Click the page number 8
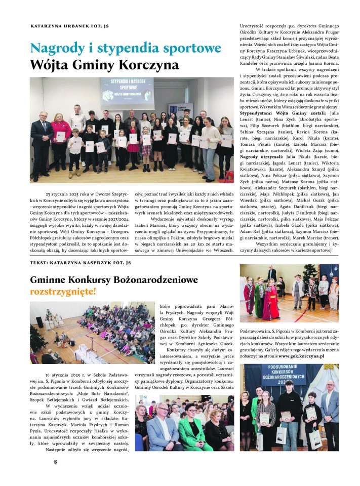pyautogui.click(x=55, y=461)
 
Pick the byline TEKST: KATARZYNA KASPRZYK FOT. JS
pyautogui.click(x=81, y=263)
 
